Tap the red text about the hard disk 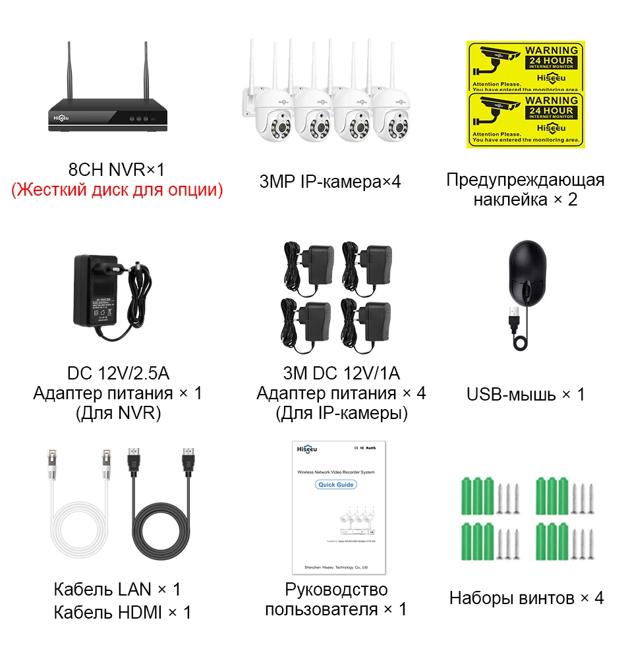tap(117, 190)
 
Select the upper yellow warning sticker tap(525, 66)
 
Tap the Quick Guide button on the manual tap(336, 484)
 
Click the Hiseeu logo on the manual tap(308, 449)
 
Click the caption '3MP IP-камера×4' tap(329, 181)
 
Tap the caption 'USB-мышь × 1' tap(525, 395)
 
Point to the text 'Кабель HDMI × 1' tap(123, 612)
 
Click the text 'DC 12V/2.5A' tap(118, 374)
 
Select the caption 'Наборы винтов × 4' tap(526, 598)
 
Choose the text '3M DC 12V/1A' tap(341, 374)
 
